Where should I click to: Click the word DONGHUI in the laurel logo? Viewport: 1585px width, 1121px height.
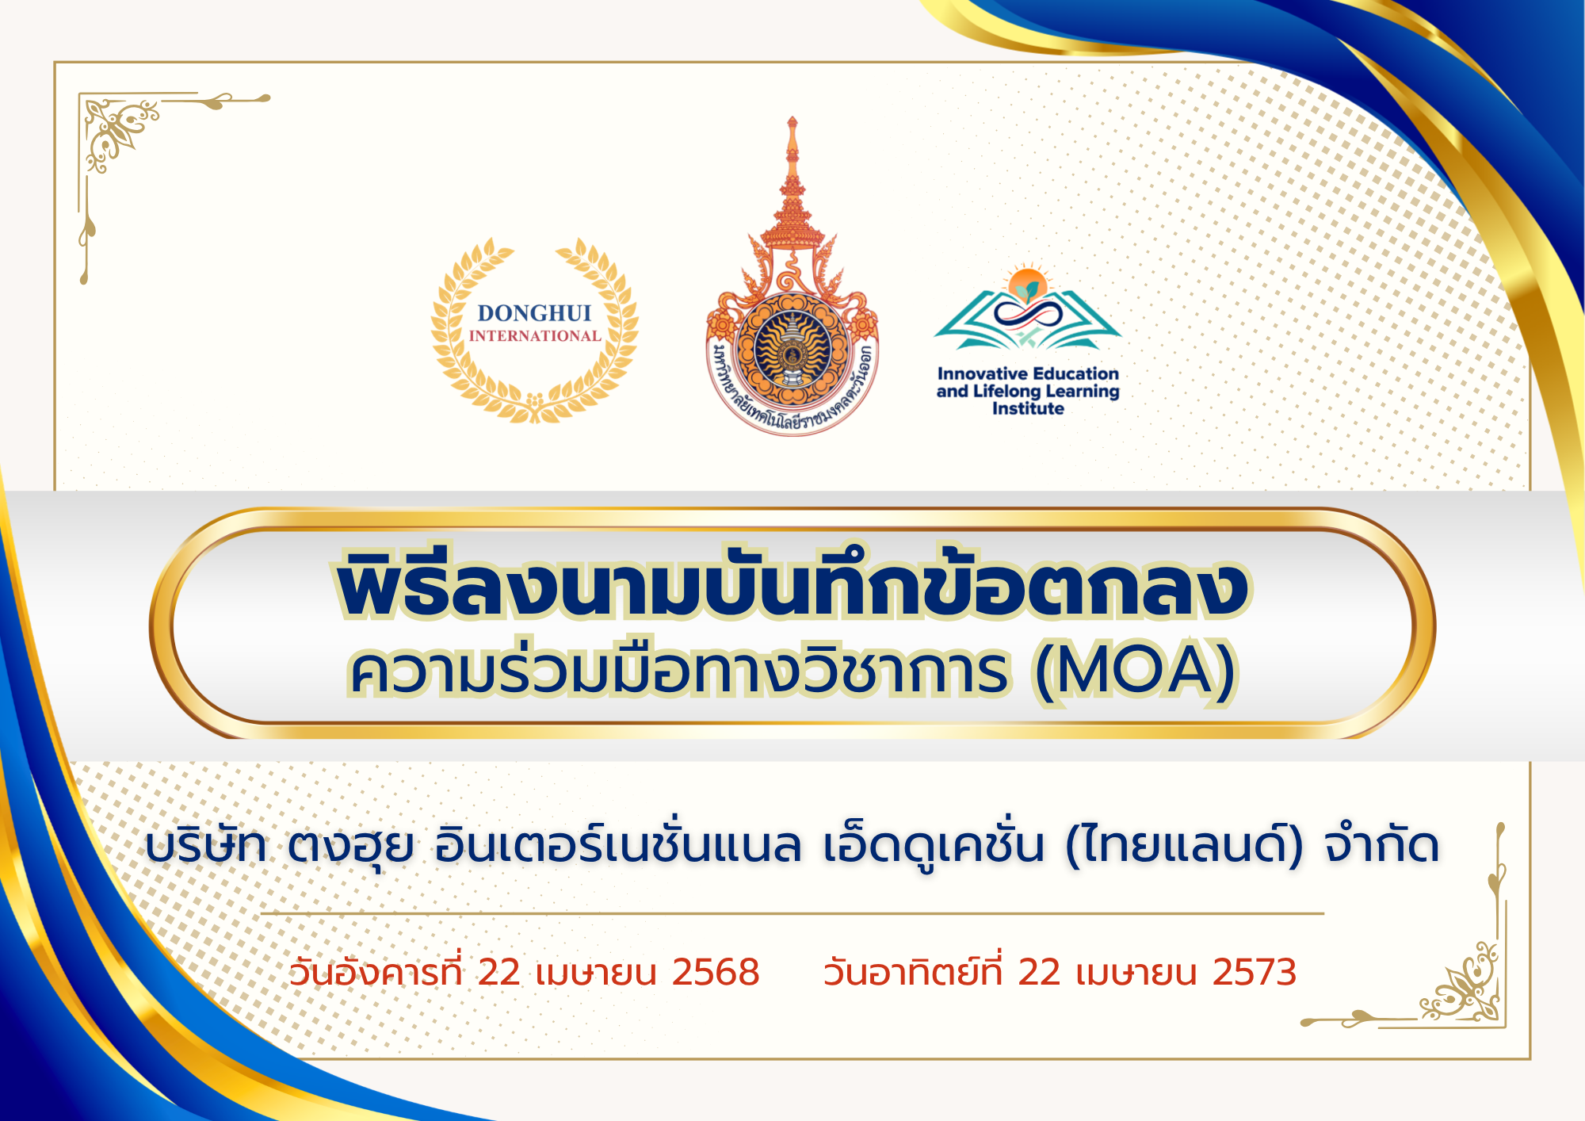point(534,313)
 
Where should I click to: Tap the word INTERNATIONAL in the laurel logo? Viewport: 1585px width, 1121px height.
point(535,336)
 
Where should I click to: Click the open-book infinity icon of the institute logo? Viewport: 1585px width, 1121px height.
point(1028,309)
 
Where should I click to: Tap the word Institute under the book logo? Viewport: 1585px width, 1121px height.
point(1028,409)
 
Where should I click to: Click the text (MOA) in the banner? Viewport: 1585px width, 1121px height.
point(1135,671)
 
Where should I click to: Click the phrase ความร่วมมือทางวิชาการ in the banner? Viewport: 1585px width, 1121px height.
point(679,670)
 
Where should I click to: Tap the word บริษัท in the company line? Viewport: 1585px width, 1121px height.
point(206,845)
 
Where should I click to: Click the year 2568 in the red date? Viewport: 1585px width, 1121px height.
point(716,972)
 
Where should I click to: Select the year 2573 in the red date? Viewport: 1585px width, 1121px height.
point(1254,972)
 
